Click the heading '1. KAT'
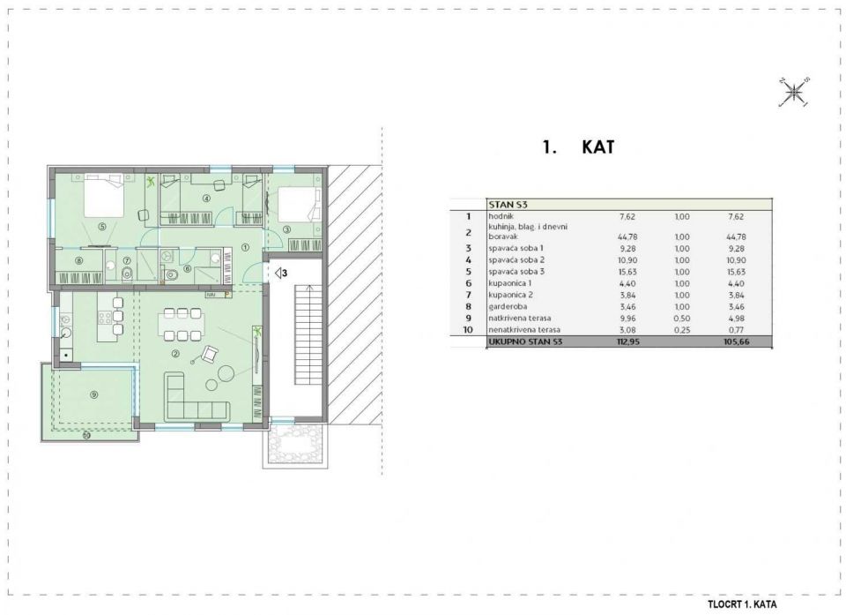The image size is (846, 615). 577,147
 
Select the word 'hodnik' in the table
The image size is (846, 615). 501,215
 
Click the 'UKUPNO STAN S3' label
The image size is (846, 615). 525,341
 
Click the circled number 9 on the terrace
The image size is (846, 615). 93,394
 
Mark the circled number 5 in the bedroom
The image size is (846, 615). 102,226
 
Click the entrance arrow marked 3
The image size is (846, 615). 279,274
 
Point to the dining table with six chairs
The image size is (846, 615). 182,324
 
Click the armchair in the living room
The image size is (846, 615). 211,355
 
